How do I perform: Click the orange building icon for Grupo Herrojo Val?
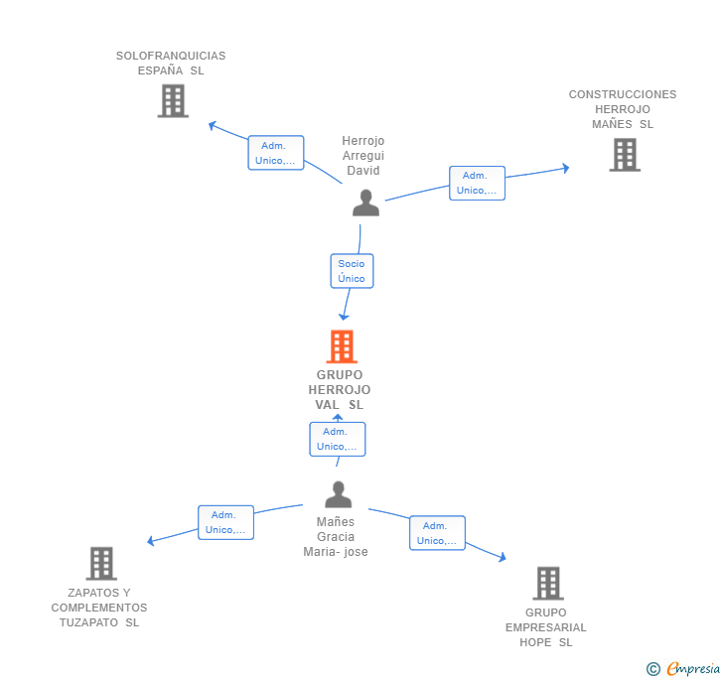pyautogui.click(x=342, y=346)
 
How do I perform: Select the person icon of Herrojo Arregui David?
pyautogui.click(x=365, y=203)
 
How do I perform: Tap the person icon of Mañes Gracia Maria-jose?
pyautogui.click(x=338, y=494)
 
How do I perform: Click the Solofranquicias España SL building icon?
pyautogui.click(x=173, y=101)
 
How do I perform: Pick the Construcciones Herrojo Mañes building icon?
pyautogui.click(x=625, y=155)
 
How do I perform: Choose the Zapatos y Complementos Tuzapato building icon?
pyautogui.click(x=101, y=564)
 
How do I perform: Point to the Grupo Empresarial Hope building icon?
pyautogui.click(x=548, y=583)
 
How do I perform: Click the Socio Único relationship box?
pyautogui.click(x=352, y=271)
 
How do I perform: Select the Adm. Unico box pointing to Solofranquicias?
pyautogui.click(x=276, y=153)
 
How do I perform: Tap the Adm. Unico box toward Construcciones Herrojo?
pyautogui.click(x=478, y=183)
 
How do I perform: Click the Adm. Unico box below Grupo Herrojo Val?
pyautogui.click(x=338, y=440)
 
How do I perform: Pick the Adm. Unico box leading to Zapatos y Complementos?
pyautogui.click(x=226, y=522)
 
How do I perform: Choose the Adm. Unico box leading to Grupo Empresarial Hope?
pyautogui.click(x=437, y=533)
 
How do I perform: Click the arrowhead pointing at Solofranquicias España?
pyautogui.click(x=213, y=125)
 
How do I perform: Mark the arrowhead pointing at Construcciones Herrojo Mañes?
pyautogui.click(x=566, y=169)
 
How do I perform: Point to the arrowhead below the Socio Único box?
pyautogui.click(x=344, y=317)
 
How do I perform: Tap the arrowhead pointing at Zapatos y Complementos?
pyautogui.click(x=150, y=541)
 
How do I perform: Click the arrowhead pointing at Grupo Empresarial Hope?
pyautogui.click(x=503, y=557)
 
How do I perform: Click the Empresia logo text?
pyautogui.click(x=693, y=668)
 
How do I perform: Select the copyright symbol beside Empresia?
pyautogui.click(x=653, y=668)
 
